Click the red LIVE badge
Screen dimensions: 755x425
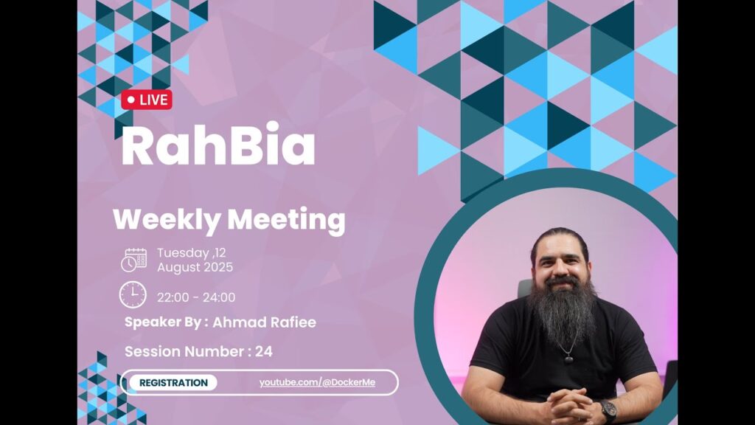point(147,100)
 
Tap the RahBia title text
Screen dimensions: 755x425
point(218,145)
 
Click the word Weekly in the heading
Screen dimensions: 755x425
point(167,220)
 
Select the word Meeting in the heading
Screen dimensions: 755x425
point(286,220)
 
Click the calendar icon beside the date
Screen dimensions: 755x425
point(134,260)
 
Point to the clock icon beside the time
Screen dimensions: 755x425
point(133,295)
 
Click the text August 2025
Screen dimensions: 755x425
point(195,267)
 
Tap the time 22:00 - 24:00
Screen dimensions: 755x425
point(196,297)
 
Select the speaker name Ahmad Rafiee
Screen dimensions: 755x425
point(264,322)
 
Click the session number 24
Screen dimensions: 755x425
point(264,351)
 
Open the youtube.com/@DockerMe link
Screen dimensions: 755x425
point(317,383)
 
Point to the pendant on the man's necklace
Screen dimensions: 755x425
point(568,358)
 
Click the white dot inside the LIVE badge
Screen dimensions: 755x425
point(131,100)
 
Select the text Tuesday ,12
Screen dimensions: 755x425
point(191,253)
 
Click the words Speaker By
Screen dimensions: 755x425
point(163,322)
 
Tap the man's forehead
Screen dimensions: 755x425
point(560,246)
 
